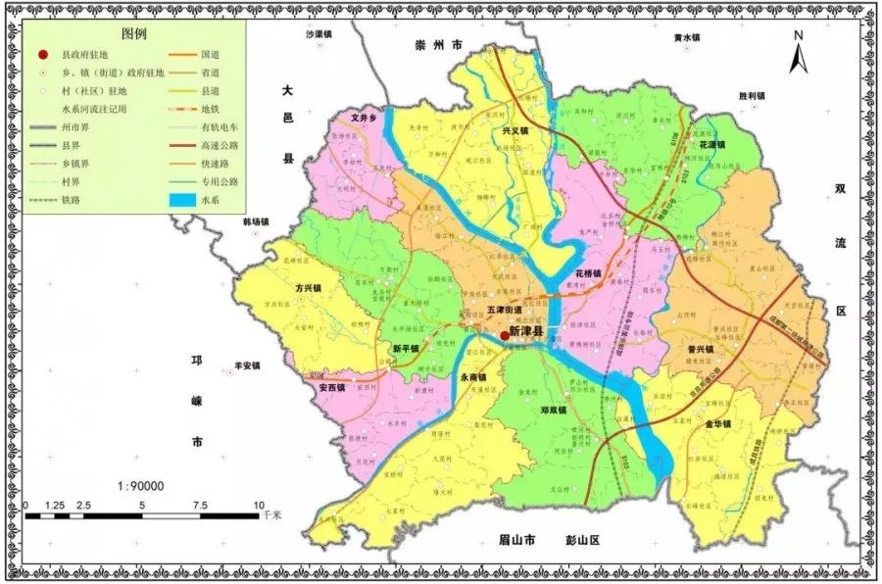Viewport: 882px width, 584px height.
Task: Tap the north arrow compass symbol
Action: (799, 53)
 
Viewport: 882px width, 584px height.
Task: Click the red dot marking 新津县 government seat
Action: (505, 335)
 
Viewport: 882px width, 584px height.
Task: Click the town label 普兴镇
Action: (699, 349)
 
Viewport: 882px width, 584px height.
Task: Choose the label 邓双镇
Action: (554, 411)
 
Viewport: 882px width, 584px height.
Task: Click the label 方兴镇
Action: (309, 289)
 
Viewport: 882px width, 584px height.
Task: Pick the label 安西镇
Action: (332, 387)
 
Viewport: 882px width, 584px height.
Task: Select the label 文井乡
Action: (365, 117)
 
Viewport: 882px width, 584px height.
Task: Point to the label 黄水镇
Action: (687, 38)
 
